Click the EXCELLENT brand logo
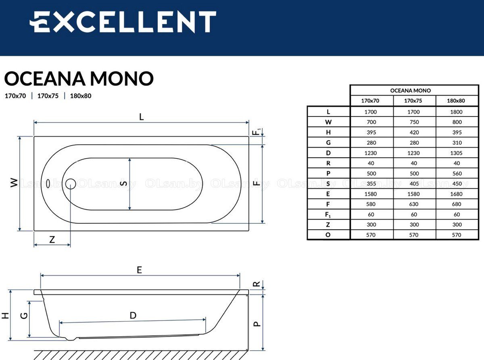coord(123,22)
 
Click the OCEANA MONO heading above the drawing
coord(79,79)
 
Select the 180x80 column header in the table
coord(456,101)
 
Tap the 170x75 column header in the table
coord(413,101)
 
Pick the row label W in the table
coord(328,122)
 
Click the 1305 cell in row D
coord(456,153)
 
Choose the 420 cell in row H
coord(414,133)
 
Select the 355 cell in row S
coord(371,184)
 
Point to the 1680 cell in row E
coord(456,194)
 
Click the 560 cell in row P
coord(457,173)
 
